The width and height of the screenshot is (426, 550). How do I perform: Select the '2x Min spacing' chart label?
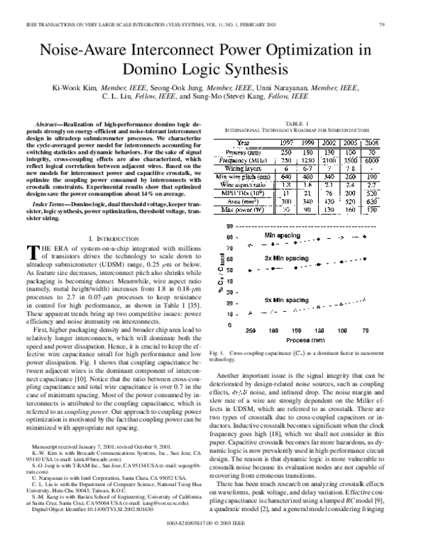pyautogui.click(x=286, y=259)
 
